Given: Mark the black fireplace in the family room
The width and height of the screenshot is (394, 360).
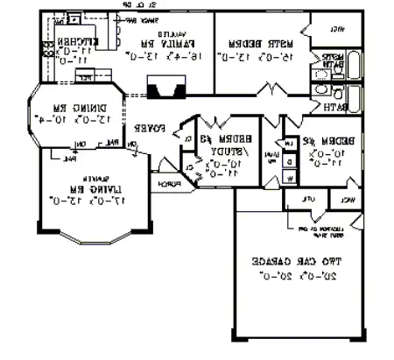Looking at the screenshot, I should point(165,88).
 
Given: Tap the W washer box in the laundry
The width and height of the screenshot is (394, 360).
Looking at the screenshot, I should point(290,179).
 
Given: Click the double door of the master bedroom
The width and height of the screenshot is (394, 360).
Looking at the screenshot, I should point(276,90).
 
